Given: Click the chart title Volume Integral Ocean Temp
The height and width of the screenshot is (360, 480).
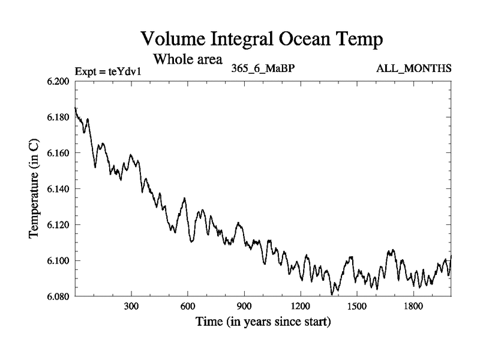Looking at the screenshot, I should pos(261,40).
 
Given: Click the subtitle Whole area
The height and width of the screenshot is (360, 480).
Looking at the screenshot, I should pos(188,59).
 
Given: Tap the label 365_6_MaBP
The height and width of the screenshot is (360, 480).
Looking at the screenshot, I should pos(262,68).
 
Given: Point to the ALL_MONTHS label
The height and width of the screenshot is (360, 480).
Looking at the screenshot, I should pos(413,68).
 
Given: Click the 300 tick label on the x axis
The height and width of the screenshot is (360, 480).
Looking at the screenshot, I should pos(131,306).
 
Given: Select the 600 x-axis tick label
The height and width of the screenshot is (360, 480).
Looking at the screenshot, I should pos(188,306).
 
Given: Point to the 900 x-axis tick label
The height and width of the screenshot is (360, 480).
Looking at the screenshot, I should pos(244,306).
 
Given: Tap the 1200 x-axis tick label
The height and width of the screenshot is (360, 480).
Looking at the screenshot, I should pos(301,306).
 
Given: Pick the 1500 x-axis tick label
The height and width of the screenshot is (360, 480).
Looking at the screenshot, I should pos(357,306).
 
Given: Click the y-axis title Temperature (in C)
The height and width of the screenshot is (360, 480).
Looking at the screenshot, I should pos(35,188).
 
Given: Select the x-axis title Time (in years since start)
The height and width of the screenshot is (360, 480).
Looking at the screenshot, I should pos(263,322).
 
